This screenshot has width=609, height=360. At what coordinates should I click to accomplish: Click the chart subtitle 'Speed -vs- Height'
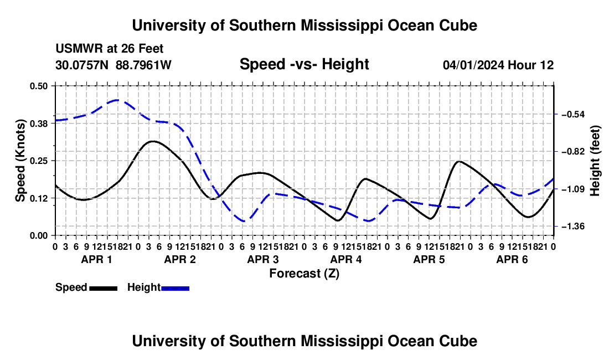(304, 64)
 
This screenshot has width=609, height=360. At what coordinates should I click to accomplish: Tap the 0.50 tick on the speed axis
(38, 86)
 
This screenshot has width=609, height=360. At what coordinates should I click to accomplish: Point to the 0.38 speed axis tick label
(38, 124)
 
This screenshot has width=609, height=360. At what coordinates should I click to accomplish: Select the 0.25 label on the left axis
(38, 161)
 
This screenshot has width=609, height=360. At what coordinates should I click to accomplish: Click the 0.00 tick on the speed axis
(38, 236)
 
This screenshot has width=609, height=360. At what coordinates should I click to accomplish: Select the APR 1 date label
(97, 259)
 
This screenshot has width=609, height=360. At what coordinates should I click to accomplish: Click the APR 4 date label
(346, 259)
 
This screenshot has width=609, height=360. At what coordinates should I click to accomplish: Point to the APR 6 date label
(512, 259)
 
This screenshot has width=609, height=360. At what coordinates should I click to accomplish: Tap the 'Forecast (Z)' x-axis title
(304, 274)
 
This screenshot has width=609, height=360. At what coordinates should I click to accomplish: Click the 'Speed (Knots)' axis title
(20, 161)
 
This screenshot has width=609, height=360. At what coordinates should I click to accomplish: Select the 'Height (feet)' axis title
(595, 161)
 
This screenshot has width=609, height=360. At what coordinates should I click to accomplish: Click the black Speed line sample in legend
(104, 288)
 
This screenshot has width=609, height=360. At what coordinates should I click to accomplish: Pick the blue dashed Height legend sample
(175, 288)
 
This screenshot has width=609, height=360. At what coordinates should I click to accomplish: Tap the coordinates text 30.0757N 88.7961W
(113, 65)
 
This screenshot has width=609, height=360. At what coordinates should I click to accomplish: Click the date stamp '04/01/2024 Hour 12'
(498, 65)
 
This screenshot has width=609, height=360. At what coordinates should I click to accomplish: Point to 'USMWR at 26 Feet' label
(110, 49)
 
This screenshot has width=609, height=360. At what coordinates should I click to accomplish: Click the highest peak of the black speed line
(153, 141)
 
